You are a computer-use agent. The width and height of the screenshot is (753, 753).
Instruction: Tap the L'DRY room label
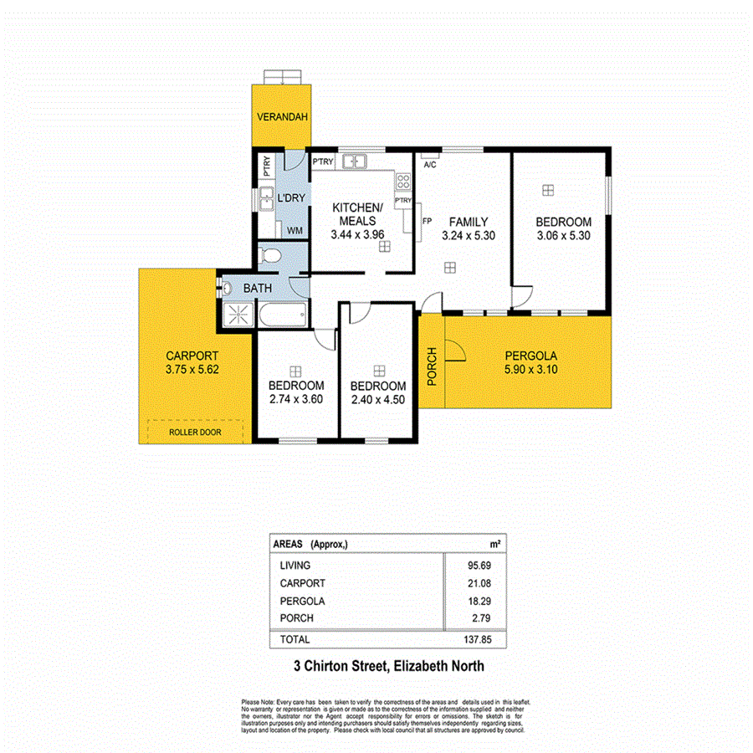click(290, 197)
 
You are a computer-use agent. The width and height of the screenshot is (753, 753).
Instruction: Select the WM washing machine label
click(295, 229)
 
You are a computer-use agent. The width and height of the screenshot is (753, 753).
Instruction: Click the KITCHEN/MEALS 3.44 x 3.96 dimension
click(357, 235)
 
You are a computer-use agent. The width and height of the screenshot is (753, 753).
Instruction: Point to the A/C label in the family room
click(430, 165)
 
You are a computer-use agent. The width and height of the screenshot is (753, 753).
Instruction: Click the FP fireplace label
click(426, 222)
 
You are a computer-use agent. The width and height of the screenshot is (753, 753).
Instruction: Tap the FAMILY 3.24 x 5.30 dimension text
click(469, 236)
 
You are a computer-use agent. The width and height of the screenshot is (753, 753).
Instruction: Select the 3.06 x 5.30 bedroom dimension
click(563, 236)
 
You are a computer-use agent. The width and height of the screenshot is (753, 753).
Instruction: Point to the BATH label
click(257, 289)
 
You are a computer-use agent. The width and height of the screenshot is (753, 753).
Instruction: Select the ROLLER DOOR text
click(194, 432)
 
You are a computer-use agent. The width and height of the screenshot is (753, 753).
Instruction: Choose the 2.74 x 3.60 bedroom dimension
click(295, 399)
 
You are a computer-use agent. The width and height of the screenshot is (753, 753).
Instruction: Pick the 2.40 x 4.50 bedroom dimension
click(378, 400)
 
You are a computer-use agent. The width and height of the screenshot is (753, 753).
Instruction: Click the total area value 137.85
click(475, 639)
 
